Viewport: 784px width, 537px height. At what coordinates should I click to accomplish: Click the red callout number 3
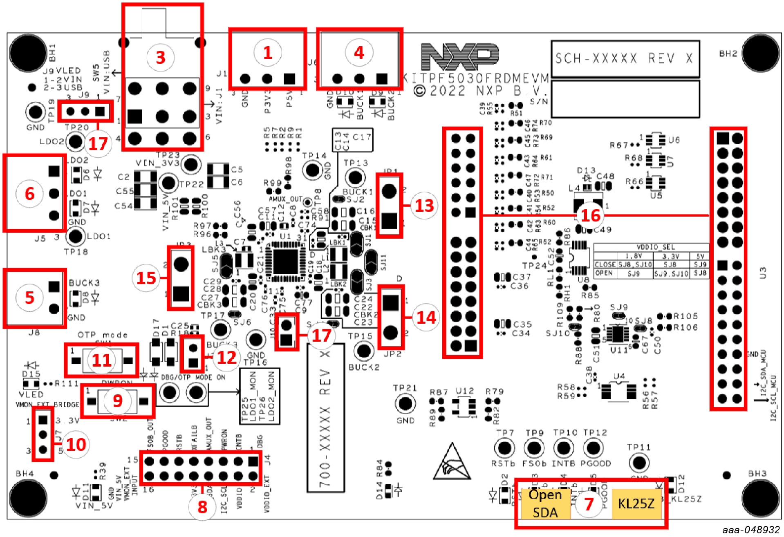tap(161, 57)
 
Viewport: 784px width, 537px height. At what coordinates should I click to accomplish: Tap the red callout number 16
tap(590, 215)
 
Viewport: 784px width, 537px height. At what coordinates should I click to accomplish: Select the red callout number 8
tap(202, 507)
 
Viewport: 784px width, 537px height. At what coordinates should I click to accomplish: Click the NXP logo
tap(460, 56)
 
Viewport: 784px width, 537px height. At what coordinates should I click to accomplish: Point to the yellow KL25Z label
tap(636, 503)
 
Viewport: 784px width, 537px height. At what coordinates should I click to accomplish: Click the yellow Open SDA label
tap(545, 503)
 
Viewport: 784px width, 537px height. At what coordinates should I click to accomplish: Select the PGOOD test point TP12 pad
tap(593, 448)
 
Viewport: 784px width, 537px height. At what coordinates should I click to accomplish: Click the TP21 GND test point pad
tap(405, 403)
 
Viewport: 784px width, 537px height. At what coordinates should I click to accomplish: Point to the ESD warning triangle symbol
tap(452, 463)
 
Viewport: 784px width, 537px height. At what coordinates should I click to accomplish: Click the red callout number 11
tap(101, 360)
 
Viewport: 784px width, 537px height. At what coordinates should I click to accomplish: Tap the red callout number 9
tap(117, 401)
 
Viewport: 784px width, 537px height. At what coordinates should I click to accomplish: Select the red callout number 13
tap(424, 205)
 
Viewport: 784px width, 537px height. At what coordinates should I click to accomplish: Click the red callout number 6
tap(29, 193)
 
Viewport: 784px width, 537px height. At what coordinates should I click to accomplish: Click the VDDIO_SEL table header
tap(651, 247)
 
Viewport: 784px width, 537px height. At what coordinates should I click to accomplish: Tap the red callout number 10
tap(76, 444)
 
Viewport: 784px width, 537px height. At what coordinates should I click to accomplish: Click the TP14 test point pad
tap(313, 170)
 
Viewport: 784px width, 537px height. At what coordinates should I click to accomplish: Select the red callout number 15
tap(146, 278)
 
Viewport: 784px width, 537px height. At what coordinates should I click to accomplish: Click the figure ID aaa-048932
tap(750, 530)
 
